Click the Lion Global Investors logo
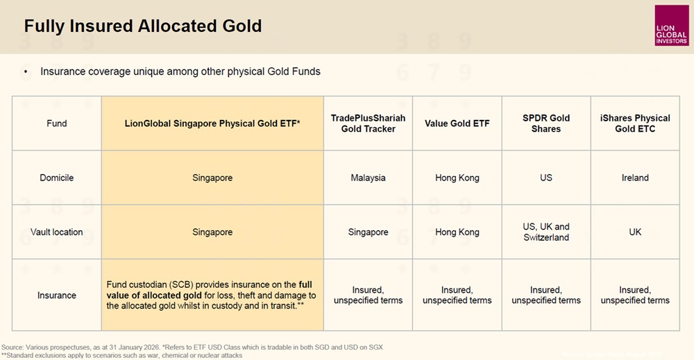(x=671, y=26)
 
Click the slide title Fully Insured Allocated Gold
(x=143, y=26)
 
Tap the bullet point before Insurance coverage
(x=26, y=71)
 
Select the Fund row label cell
(x=57, y=123)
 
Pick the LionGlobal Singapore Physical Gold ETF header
(x=212, y=123)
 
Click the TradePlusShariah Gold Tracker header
(x=368, y=123)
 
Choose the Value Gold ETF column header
(x=457, y=123)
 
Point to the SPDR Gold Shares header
(x=546, y=123)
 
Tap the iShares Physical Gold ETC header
(x=635, y=123)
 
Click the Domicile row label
(x=57, y=178)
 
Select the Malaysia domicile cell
(x=368, y=178)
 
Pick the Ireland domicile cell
(x=635, y=178)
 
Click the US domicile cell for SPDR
(x=546, y=178)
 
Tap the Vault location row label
(x=57, y=232)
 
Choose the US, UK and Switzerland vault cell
(x=546, y=232)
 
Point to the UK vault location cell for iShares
(x=635, y=232)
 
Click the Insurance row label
(x=57, y=295)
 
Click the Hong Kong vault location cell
(x=457, y=232)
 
